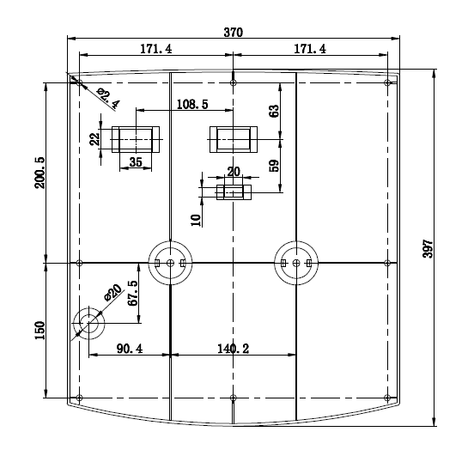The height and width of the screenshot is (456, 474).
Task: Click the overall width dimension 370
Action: tap(233, 32)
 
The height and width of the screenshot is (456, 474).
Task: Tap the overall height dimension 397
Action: tap(428, 248)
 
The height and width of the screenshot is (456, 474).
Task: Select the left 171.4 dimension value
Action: tap(156, 49)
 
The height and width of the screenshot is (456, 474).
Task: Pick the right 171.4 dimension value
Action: tap(310, 49)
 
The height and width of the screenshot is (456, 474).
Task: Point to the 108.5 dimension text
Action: tap(192, 105)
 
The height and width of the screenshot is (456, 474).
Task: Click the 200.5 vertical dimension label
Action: tap(39, 173)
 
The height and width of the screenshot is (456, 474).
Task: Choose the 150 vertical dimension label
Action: tap(39, 331)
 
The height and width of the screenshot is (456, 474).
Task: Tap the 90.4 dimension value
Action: tap(130, 349)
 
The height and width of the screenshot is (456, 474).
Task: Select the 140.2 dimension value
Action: tap(234, 349)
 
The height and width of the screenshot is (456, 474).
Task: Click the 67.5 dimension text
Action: tap(133, 293)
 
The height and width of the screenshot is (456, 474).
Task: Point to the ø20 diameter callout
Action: tap(113, 293)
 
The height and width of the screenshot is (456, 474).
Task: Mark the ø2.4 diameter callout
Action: tap(108, 98)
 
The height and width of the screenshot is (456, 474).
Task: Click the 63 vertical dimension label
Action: tap(274, 112)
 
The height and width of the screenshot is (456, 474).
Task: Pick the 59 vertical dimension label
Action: tap(274, 166)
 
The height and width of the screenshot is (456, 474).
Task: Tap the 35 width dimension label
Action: tap(136, 162)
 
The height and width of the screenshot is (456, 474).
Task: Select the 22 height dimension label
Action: tap(95, 139)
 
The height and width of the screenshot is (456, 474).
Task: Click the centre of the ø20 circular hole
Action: tap(89, 323)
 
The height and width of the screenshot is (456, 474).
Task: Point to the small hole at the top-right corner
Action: tap(387, 82)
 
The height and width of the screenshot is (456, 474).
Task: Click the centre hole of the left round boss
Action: tap(170, 263)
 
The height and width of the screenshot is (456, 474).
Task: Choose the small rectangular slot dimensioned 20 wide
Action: tap(234, 192)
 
